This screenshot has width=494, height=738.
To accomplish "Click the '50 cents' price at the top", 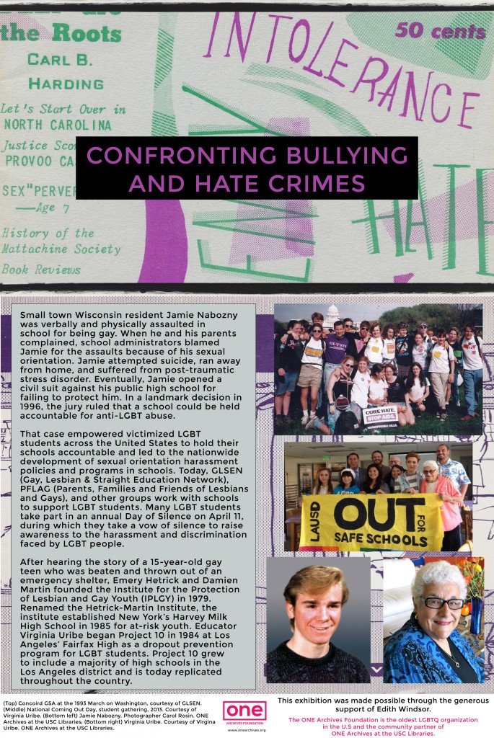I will click(x=440, y=30).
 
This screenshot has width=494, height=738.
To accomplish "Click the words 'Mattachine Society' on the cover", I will click(x=62, y=249).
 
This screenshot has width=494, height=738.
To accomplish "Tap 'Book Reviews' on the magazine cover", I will click(x=41, y=270).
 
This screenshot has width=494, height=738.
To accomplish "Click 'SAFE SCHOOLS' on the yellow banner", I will click(x=382, y=539).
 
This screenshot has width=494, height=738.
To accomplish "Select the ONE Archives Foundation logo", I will click(x=244, y=712).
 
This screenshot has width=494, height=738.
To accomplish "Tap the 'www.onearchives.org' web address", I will click(x=246, y=729).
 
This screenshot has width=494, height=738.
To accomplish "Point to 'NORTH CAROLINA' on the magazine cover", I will click(x=53, y=124).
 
